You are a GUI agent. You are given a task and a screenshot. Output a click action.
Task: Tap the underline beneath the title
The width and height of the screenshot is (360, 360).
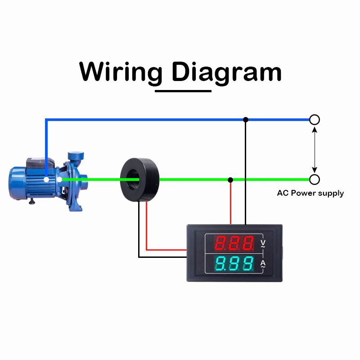tap(183, 91)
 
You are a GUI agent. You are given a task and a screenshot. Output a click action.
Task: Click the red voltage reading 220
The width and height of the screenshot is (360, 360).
tap(234, 243)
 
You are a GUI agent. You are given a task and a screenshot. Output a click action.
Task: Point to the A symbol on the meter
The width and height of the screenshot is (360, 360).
tap(263, 263)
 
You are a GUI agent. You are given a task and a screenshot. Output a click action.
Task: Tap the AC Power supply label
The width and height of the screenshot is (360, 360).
tap(310, 193)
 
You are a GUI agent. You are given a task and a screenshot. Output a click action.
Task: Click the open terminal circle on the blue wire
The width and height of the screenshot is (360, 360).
tap(315, 120)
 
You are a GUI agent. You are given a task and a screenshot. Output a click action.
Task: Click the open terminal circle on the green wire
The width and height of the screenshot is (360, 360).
tap(315, 180)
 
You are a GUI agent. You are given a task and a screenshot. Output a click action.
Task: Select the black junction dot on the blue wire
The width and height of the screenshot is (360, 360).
tap(245, 120)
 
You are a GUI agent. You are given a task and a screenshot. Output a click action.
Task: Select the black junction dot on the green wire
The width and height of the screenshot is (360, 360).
tap(230, 180)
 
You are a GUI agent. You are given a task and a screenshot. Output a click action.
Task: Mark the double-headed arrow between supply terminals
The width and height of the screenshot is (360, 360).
tap(315, 149)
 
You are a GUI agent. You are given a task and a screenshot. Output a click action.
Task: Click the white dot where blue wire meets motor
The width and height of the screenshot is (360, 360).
tap(46, 180)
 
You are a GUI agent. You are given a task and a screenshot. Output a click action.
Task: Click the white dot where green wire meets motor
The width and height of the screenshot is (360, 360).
tap(59, 180)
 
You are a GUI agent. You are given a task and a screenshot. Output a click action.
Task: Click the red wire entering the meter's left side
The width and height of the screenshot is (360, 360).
tap(166, 249)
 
